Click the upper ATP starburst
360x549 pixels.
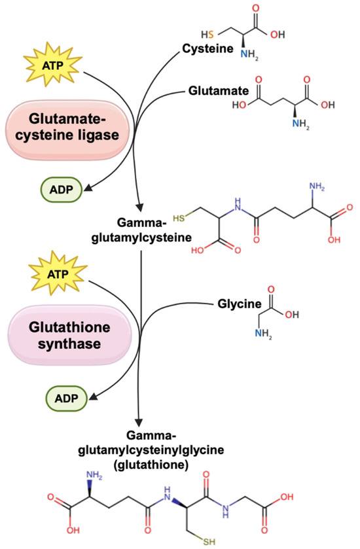coord(53,65)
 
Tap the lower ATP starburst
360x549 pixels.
coord(58,274)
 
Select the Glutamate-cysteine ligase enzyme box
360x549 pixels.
coord(67,128)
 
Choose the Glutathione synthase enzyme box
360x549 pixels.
coord(69,335)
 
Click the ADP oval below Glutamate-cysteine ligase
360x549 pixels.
coord(62,190)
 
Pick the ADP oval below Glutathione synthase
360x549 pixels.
coord(66,398)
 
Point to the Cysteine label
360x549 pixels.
coord(207,48)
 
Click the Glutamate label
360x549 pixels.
coord(219,91)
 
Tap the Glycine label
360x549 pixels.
coord(240,304)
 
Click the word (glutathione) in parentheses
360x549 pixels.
coord(151,465)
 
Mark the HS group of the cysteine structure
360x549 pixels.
coord(207,34)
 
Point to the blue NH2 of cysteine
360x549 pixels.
coord(249,56)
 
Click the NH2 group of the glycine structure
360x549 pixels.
coord(263,333)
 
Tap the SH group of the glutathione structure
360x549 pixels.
coord(209,542)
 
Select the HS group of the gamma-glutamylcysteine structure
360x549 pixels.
coord(179,219)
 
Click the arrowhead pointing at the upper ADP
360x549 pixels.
coord(88,188)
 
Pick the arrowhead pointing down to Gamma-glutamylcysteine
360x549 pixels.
coord(139,205)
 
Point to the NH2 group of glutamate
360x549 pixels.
coord(301,124)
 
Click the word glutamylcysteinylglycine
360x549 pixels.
coord(151,450)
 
